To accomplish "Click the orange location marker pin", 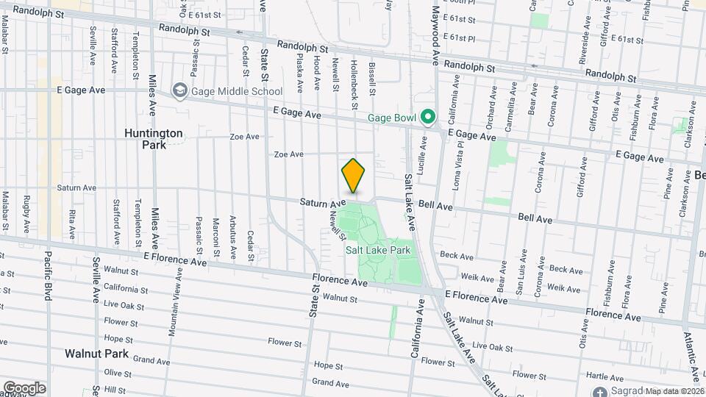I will point(354,176).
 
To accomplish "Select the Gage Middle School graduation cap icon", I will point(179,90).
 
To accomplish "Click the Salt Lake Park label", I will point(378,250).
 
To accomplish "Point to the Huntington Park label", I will point(153,139).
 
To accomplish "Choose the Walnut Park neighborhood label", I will point(96,354).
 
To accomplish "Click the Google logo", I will point(24,387).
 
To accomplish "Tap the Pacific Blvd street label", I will point(48,276).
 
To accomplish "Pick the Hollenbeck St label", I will point(354,79).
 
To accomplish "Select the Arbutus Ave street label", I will point(233,238).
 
